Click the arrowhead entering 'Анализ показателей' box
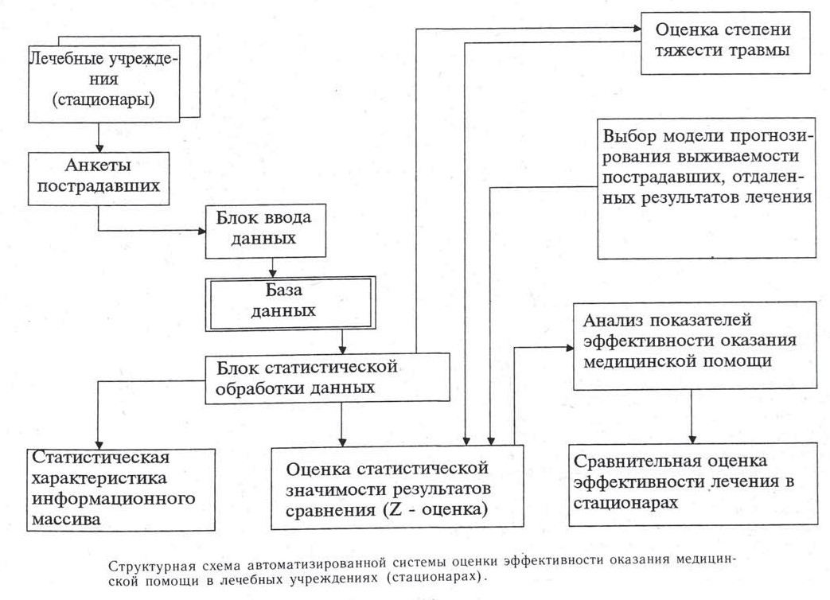[x=568, y=347]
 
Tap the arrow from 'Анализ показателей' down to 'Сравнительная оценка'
[x=691, y=414]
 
